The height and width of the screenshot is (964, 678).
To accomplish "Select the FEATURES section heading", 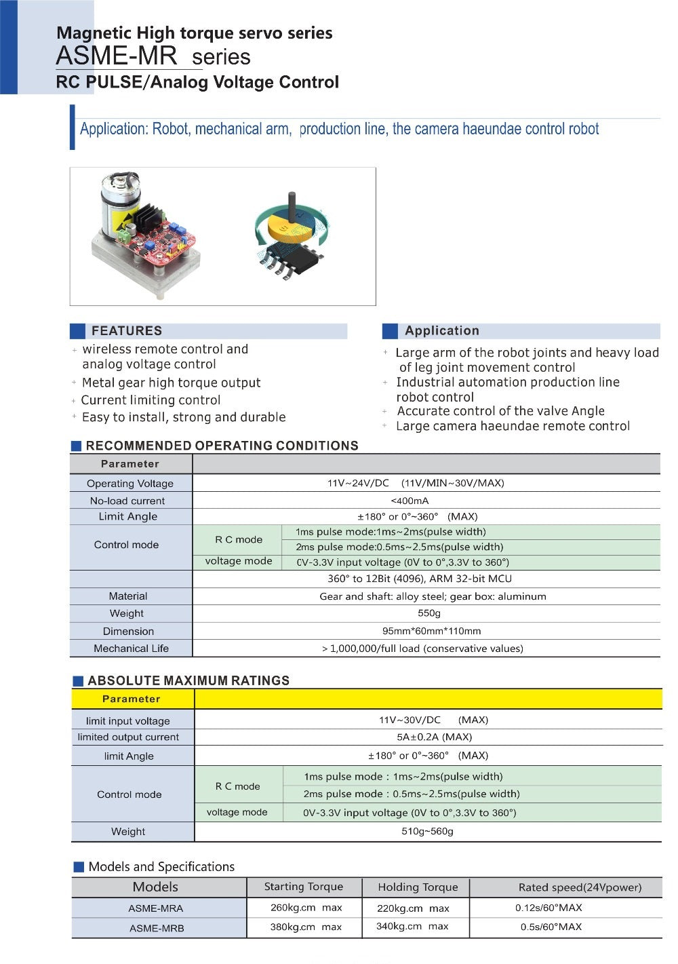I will pyautogui.click(x=127, y=331).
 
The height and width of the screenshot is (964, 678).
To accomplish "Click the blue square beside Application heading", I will pyautogui.click(x=390, y=331).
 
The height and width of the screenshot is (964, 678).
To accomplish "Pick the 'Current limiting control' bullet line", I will pyautogui.click(x=151, y=400).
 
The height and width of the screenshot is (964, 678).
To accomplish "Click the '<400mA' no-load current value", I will pyautogui.click(x=410, y=501).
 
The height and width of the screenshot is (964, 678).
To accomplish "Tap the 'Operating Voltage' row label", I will pyautogui.click(x=130, y=484).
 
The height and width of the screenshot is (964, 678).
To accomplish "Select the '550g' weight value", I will pyautogui.click(x=428, y=613).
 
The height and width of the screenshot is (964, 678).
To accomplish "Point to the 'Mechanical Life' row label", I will pyautogui.click(x=131, y=649).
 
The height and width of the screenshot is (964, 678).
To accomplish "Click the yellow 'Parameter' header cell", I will pyautogui.click(x=132, y=699).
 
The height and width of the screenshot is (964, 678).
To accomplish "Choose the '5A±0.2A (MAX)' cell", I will pyautogui.click(x=434, y=737).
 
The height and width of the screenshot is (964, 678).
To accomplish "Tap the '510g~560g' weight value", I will pyautogui.click(x=427, y=831).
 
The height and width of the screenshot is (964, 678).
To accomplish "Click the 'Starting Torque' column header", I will pyautogui.click(x=303, y=887).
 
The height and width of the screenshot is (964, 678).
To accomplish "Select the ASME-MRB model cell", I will pyautogui.click(x=157, y=928).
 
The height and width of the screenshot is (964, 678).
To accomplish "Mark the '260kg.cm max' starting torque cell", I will pyautogui.click(x=306, y=908).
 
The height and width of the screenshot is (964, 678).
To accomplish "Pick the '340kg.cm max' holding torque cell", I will pyautogui.click(x=412, y=927).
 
